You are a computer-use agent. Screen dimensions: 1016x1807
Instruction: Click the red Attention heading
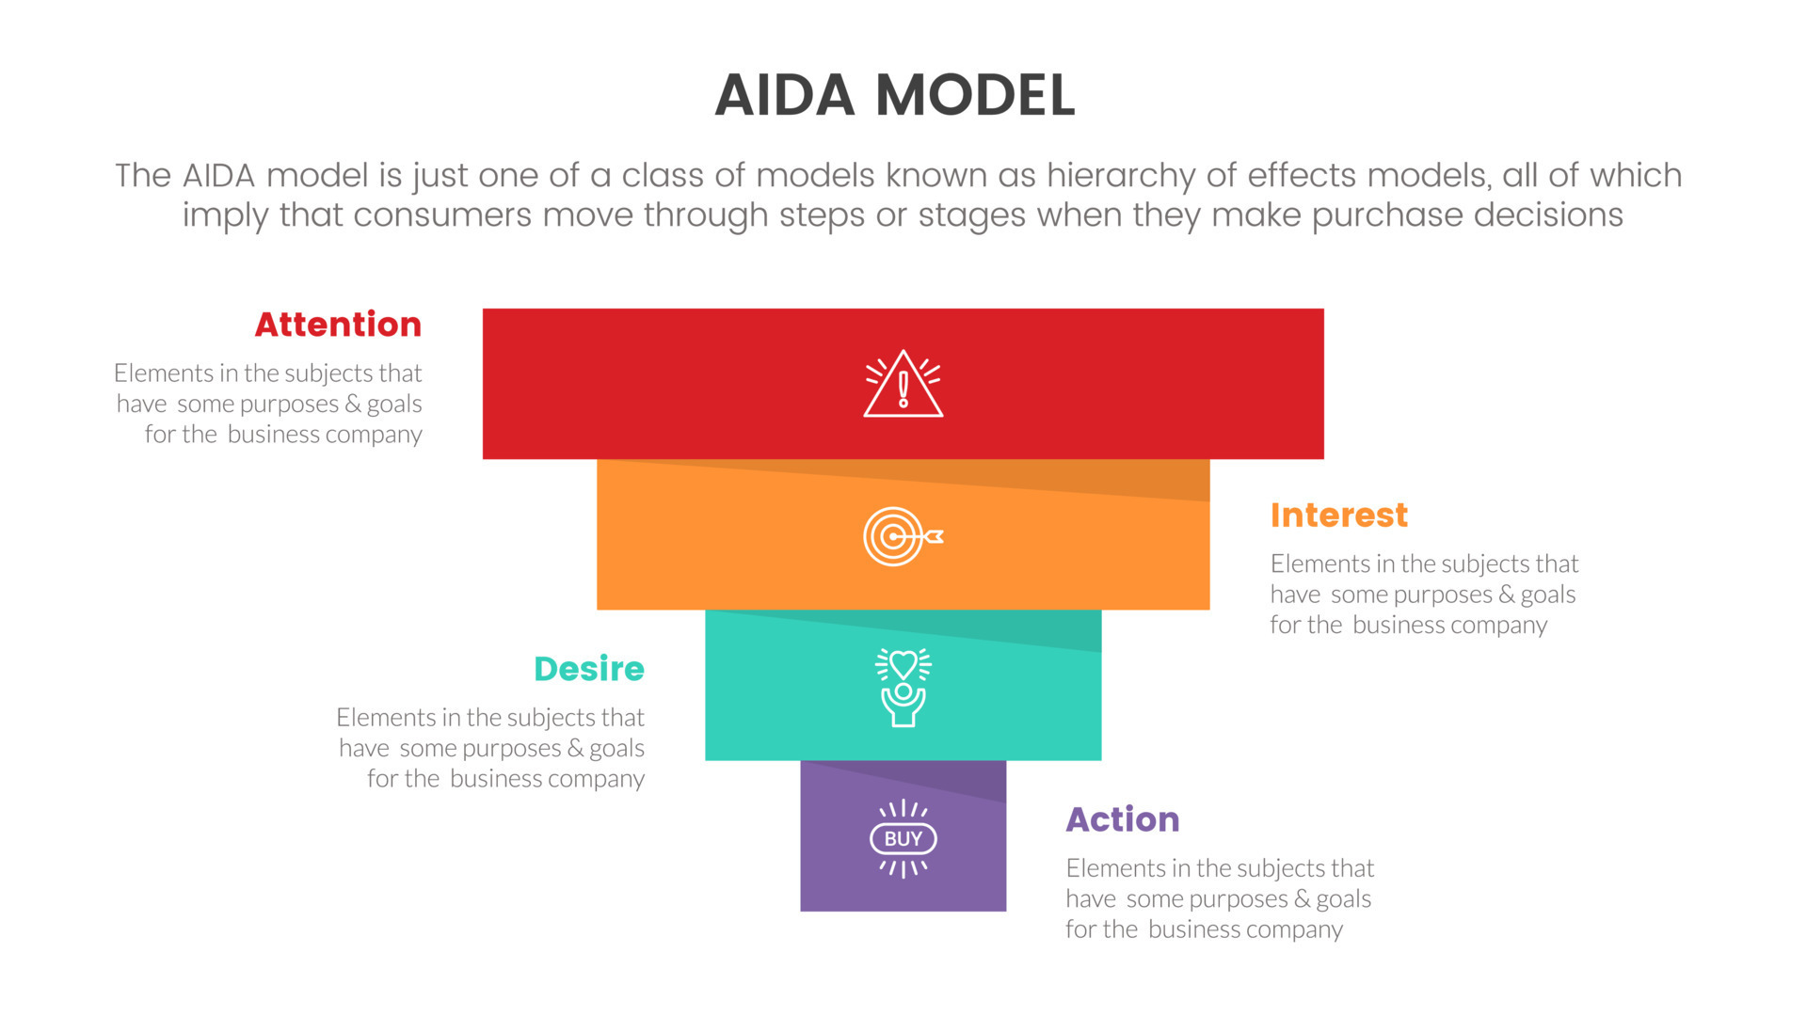pyautogui.click(x=338, y=325)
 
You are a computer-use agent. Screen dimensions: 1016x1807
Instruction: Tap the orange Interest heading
pyautogui.click(x=1338, y=516)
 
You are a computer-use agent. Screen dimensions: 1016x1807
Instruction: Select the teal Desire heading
pyautogui.click(x=589, y=669)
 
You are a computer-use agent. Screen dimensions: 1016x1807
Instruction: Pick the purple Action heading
pyautogui.click(x=1122, y=819)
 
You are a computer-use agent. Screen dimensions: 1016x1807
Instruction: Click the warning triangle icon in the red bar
pyautogui.click(x=903, y=384)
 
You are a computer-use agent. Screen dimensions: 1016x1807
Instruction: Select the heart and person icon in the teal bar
pyautogui.click(x=903, y=688)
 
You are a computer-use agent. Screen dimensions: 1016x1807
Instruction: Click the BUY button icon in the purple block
pyautogui.click(x=903, y=838)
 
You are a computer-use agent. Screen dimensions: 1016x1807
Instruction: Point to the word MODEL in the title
pyautogui.click(x=974, y=96)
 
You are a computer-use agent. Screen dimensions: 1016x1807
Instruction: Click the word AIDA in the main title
pyautogui.click(x=785, y=96)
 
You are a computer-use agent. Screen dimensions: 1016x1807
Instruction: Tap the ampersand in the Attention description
pyautogui.click(x=353, y=405)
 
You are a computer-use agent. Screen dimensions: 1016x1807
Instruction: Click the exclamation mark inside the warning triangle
pyautogui.click(x=903, y=388)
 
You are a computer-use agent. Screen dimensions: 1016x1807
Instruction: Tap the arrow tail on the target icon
pyautogui.click(x=935, y=536)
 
